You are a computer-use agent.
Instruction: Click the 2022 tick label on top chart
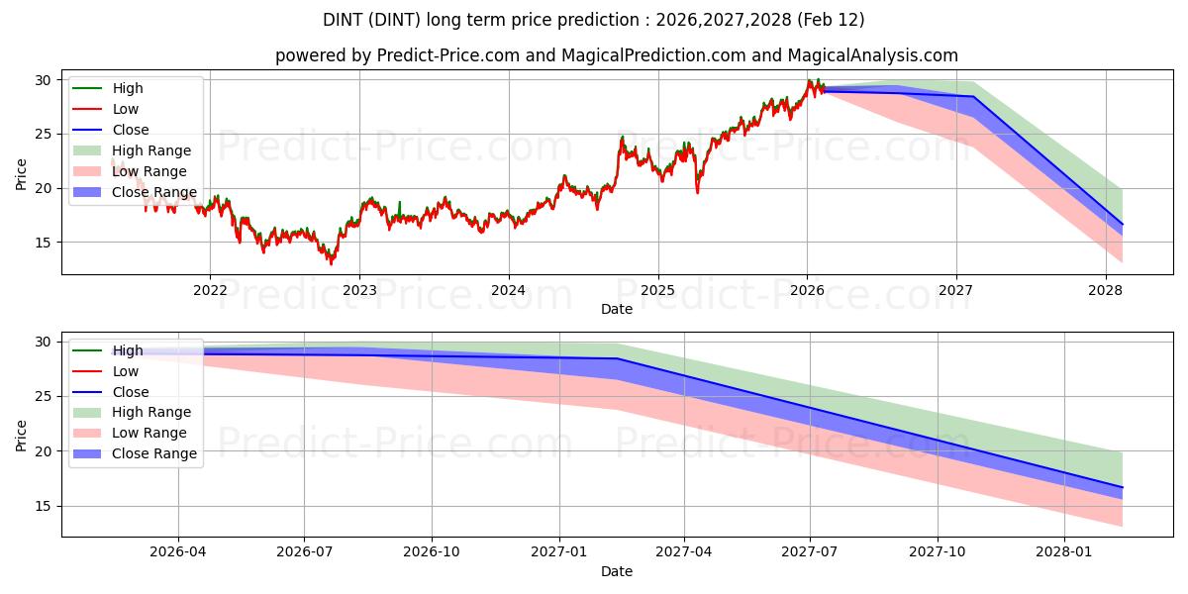tap(210, 290)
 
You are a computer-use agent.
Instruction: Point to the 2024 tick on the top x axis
tap(509, 290)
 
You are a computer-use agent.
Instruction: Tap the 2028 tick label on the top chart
tap(1106, 290)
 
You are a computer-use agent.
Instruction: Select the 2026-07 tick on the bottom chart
tap(304, 552)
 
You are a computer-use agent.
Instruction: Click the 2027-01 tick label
tap(560, 552)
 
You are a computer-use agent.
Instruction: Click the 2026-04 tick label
tap(178, 552)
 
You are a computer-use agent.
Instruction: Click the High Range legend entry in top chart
tap(151, 150)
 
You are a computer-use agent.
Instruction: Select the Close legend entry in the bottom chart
tap(131, 392)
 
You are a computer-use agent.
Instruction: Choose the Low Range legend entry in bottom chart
tap(149, 433)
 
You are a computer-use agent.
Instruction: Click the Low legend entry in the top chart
tap(126, 109)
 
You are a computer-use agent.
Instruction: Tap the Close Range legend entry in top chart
tap(154, 192)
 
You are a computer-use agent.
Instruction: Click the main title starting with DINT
tap(594, 20)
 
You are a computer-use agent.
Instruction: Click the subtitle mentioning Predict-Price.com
tap(616, 56)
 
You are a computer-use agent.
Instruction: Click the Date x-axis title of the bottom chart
tap(616, 571)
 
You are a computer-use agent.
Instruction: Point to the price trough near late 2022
tap(331, 263)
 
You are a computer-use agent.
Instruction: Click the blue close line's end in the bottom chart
tap(1122, 487)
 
